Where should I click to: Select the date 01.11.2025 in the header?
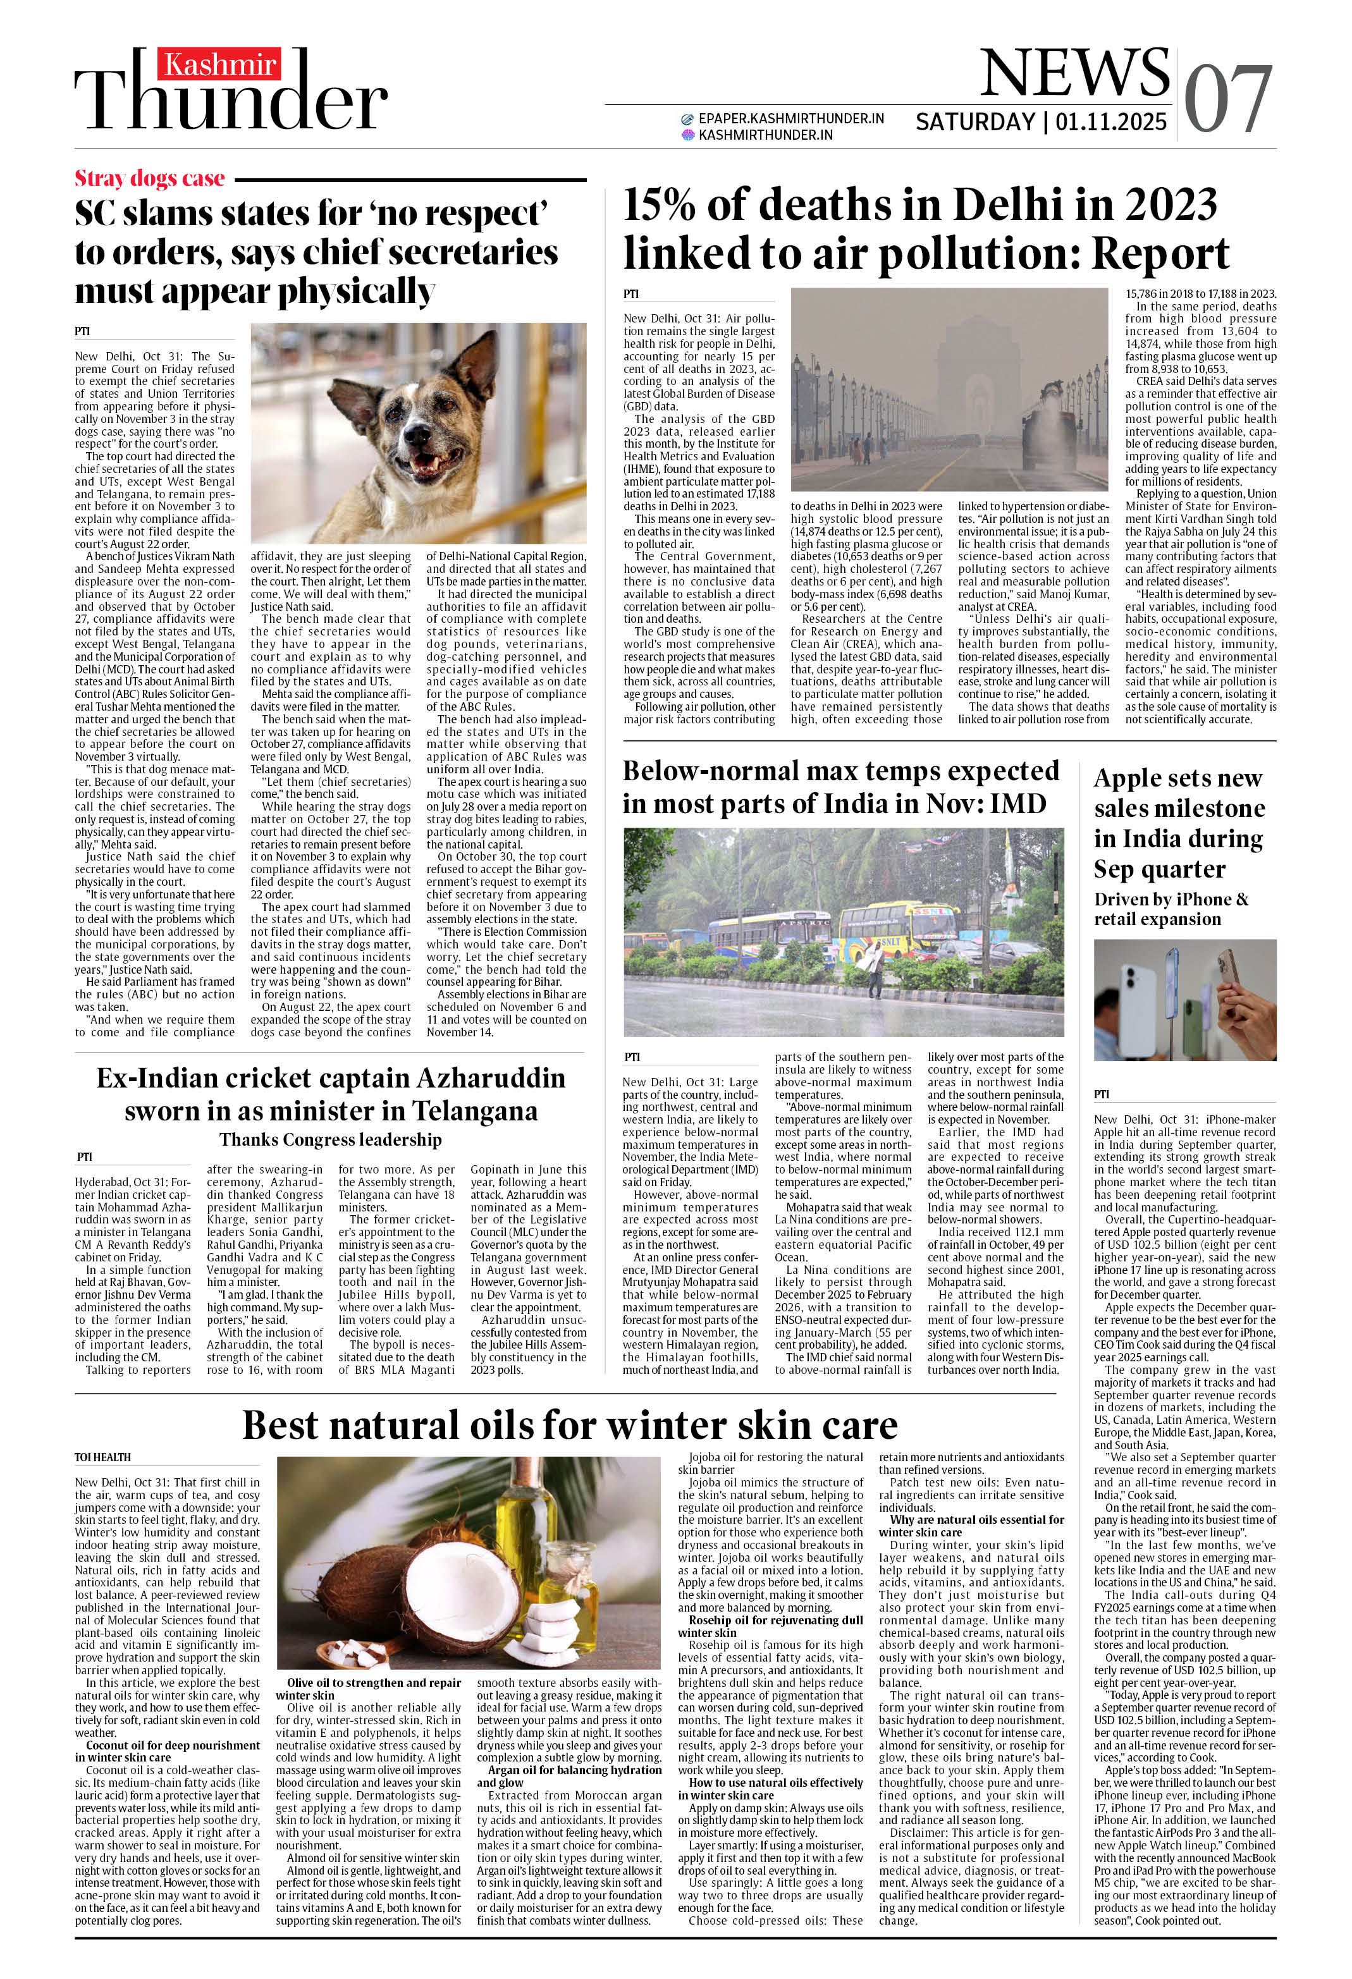click(1111, 122)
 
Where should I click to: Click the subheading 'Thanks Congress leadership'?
click(331, 1139)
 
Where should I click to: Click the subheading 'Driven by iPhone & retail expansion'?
click(1171, 909)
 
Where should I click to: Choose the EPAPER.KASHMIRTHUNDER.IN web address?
click(790, 118)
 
